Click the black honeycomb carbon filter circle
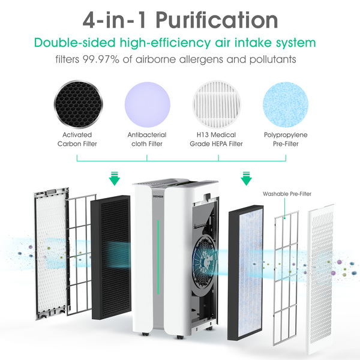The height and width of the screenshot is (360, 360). (78, 104)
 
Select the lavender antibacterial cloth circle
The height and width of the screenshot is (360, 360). (148, 104)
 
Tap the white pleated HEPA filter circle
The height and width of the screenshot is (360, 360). (217, 104)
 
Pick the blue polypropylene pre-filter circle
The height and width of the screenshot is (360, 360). (286, 104)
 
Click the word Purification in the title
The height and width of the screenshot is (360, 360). (217, 20)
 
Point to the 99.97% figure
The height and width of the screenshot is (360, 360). (101, 59)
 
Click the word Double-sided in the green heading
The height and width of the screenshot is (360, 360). (74, 43)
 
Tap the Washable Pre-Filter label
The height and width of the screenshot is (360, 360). (287, 194)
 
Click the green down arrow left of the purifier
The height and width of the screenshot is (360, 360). (115, 178)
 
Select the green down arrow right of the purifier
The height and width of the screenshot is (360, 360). (246, 178)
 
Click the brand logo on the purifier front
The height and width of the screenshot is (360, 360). (158, 197)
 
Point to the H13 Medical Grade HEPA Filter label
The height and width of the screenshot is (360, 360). (216, 139)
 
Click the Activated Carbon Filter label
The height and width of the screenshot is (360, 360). (77, 139)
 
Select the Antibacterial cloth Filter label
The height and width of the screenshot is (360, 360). (147, 139)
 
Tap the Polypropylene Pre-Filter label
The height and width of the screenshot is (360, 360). (286, 139)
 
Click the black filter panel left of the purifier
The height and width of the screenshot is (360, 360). (111, 257)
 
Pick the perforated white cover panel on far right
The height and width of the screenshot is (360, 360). (320, 279)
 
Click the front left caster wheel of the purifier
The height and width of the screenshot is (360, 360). (145, 334)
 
